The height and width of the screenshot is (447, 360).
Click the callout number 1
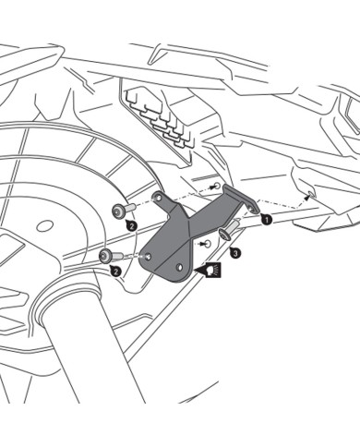[x=266, y=221]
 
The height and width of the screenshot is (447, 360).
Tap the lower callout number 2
[x=116, y=271]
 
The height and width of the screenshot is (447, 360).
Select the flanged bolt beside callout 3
[x=230, y=228]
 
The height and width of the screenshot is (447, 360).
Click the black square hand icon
[x=214, y=270]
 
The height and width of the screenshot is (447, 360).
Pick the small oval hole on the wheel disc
[x=42, y=224]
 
